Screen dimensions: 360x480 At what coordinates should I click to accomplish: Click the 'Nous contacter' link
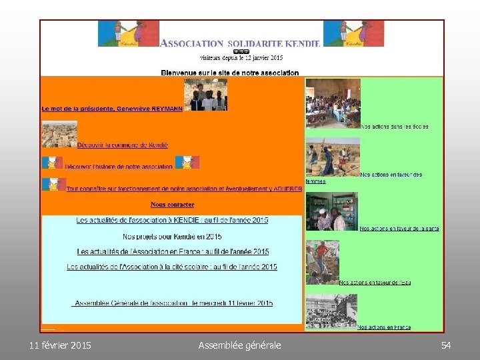click(173, 205)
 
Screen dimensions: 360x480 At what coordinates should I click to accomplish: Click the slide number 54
click(446, 345)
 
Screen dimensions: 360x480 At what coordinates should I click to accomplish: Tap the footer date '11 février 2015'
click(61, 345)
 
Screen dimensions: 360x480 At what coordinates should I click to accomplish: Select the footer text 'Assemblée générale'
click(240, 345)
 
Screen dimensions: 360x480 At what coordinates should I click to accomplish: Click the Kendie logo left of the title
click(128, 33)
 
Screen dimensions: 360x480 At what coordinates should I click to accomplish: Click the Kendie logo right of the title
click(353, 33)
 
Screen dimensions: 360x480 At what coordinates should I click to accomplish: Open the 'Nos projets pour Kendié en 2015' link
click(173, 237)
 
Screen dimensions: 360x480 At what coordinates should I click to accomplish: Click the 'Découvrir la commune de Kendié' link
click(123, 145)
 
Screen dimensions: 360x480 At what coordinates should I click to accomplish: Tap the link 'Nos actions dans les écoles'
click(395, 127)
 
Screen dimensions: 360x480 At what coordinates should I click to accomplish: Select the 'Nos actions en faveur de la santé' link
click(399, 229)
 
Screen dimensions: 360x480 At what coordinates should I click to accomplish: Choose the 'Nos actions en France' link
click(384, 327)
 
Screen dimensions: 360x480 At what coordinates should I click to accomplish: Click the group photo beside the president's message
click(205, 95)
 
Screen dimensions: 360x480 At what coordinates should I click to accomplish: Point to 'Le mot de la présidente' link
click(112, 108)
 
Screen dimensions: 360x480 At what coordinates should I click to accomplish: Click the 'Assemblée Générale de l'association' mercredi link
click(173, 303)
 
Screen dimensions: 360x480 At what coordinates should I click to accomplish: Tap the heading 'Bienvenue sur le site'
click(230, 73)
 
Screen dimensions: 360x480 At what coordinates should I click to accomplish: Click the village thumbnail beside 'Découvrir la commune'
click(59, 134)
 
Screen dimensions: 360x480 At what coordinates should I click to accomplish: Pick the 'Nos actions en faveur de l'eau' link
click(375, 283)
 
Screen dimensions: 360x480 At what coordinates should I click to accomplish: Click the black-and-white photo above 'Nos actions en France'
click(331, 311)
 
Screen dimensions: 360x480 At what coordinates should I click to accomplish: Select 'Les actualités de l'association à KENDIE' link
click(173, 220)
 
